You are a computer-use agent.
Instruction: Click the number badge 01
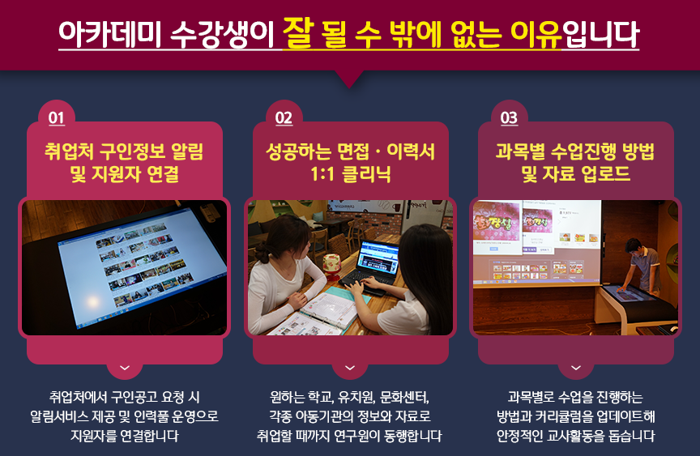56,117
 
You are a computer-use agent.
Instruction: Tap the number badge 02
284,117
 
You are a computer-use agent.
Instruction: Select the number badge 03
509,117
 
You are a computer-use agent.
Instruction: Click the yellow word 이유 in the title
536,34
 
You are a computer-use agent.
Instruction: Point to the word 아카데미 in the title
110,34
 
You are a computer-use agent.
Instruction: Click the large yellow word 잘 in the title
299,32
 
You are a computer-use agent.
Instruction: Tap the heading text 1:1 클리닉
351,173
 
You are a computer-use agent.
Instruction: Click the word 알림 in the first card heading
187,151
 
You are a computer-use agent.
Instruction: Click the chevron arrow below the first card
125,368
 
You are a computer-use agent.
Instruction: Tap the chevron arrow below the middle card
350,368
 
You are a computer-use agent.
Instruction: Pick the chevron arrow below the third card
576,368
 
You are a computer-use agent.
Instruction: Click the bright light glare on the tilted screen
93,303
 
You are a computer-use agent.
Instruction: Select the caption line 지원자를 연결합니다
125,436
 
